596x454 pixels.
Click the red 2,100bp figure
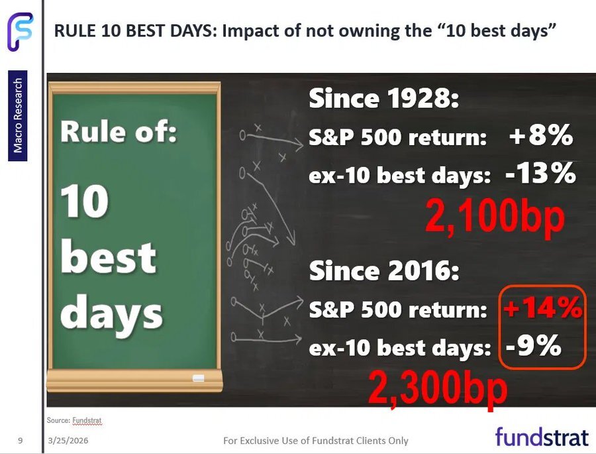click(x=495, y=216)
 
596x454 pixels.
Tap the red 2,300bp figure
click(x=438, y=389)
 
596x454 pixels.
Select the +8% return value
click(x=541, y=135)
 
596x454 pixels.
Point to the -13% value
click(x=540, y=174)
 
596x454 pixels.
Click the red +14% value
click(x=543, y=308)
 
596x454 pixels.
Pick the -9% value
click(x=534, y=345)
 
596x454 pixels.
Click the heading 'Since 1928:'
click(x=384, y=98)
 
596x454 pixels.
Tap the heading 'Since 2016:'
click(x=384, y=270)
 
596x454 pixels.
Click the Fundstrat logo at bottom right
click(x=542, y=437)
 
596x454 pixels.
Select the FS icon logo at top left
click(x=20, y=32)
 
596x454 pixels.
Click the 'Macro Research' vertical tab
click(x=17, y=116)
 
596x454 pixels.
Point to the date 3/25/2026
click(x=68, y=441)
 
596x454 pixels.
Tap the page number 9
click(x=20, y=441)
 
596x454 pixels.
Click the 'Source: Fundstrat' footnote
click(x=74, y=420)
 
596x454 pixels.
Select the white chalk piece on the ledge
click(x=199, y=378)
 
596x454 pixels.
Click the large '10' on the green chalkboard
click(x=84, y=201)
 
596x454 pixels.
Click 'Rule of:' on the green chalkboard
click(x=119, y=131)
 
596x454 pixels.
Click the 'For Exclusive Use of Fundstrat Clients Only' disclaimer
click(x=316, y=441)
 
